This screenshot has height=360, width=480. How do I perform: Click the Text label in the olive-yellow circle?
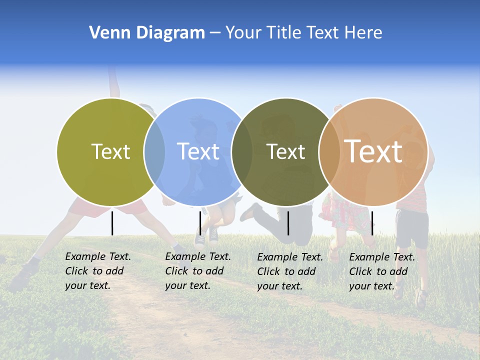pos(110,151)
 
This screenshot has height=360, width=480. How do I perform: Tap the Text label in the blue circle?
pos(198,151)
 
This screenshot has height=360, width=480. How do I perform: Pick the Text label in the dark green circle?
pos(285,151)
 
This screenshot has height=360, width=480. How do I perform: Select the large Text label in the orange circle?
pos(373,151)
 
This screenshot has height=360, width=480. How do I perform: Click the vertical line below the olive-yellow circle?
pos(112,223)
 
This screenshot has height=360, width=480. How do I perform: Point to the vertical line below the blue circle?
pos(200,223)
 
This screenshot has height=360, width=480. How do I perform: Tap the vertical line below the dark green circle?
pos(288,223)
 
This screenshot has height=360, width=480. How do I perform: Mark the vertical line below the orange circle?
pos(372,223)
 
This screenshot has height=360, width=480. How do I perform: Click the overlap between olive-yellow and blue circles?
pos(154,151)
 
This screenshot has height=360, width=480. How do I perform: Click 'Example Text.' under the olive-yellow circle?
pos(98,256)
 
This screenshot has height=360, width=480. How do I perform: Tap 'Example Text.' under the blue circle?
pos(198,256)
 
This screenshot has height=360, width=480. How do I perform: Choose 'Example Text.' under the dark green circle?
pos(290,257)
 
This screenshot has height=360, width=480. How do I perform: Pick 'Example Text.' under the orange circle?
pos(382,257)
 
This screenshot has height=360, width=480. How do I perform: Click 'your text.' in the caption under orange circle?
pos(371,286)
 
